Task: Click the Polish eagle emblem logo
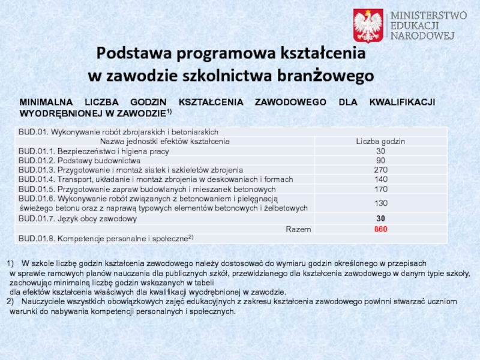[368, 25]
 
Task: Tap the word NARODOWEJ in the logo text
[422, 35]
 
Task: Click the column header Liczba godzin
[380, 142]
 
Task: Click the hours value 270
[380, 170]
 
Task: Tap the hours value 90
[380, 161]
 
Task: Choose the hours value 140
[380, 179]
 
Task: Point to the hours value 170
[380, 189]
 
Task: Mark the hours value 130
[380, 203]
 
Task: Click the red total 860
[380, 229]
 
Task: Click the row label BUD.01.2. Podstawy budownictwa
[80, 161]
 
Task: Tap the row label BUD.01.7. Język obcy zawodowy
[78, 218]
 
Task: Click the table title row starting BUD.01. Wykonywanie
[118, 132]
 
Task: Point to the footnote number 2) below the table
[10, 302]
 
